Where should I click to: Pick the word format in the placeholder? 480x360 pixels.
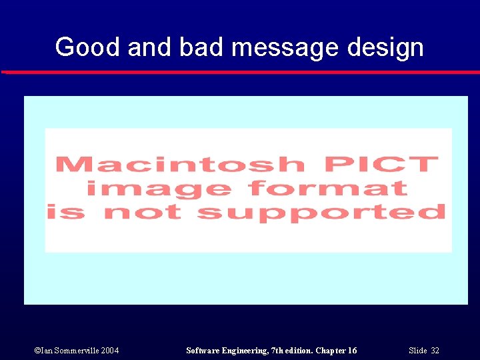pyautogui.click(x=328, y=188)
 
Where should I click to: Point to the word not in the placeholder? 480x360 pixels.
pyautogui.click(x=143, y=213)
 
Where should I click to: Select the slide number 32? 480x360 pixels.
pyautogui.click(x=435, y=351)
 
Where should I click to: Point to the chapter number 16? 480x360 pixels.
pyautogui.click(x=351, y=351)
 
